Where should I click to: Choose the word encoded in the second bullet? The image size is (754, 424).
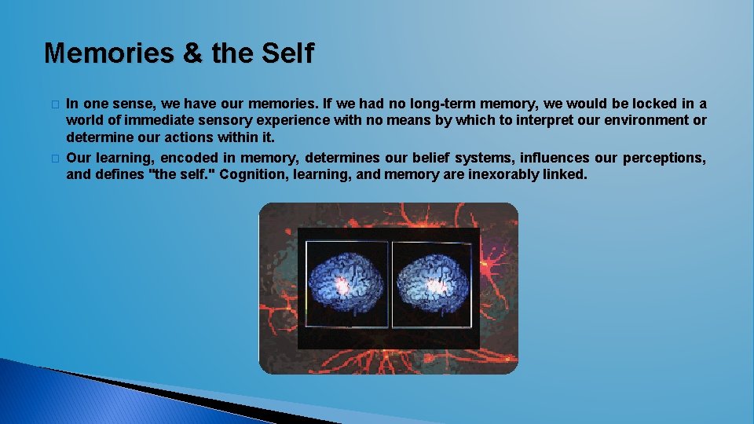click(x=192, y=158)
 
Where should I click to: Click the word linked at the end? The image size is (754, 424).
click(x=564, y=174)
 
